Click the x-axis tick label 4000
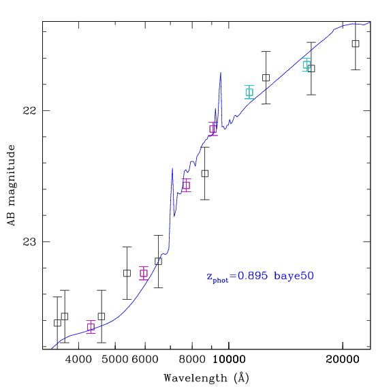click(78, 360)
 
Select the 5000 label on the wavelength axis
click(114, 360)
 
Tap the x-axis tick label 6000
click(145, 360)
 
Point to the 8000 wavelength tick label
click(192, 360)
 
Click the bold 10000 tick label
click(229, 360)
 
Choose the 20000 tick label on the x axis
click(343, 360)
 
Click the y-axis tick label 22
click(30, 110)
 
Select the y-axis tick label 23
click(30, 242)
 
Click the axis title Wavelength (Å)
click(206, 378)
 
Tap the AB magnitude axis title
click(11, 185)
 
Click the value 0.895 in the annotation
click(252, 276)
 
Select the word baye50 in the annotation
click(294, 276)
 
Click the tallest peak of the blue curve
click(221, 73)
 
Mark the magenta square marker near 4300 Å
click(91, 327)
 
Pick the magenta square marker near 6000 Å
click(144, 273)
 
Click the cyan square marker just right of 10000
click(249, 92)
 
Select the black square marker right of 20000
click(356, 44)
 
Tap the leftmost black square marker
click(57, 323)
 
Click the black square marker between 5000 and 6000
click(127, 273)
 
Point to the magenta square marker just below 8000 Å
click(186, 185)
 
